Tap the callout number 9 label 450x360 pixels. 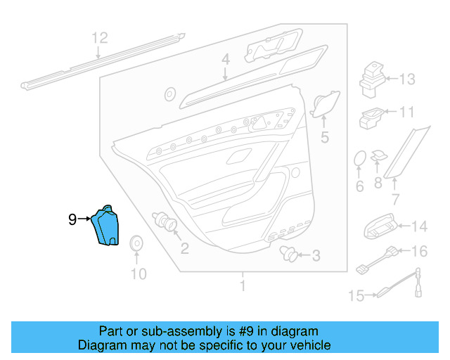point(72,219)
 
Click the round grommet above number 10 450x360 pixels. point(136,243)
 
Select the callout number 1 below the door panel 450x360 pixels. point(243,286)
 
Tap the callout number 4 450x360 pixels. point(225,61)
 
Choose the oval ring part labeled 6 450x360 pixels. point(359,159)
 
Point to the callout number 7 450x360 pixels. point(396,200)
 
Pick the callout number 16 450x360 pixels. point(419,251)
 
